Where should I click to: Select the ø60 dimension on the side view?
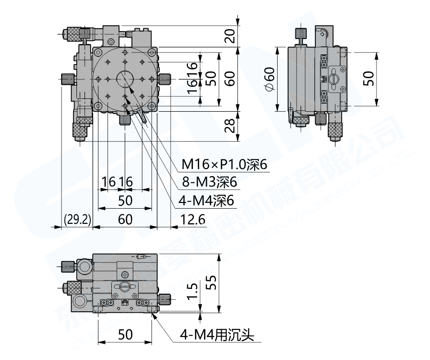(269, 79)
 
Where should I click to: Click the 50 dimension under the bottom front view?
(125, 335)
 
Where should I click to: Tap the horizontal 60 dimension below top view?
(125, 220)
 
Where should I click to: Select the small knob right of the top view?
(166, 79)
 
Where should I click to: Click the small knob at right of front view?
(165, 300)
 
